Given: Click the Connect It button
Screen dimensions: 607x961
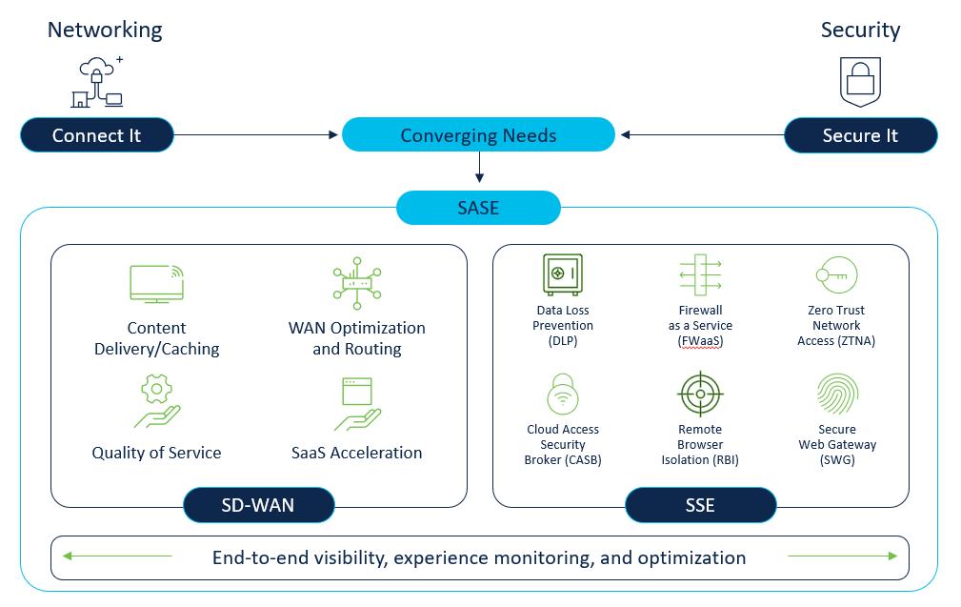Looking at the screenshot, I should click(97, 135).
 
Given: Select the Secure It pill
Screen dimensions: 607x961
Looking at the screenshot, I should click(860, 135).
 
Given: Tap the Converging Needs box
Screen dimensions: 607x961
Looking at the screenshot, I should click(478, 135).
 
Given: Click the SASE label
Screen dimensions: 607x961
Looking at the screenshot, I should click(478, 208).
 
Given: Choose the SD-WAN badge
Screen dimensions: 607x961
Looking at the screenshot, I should click(258, 505).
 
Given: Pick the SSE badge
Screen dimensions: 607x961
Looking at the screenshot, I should click(700, 505).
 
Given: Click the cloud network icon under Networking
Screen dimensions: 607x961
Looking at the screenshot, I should click(97, 82).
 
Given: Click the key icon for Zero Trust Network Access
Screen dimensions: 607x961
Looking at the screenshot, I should click(836, 275).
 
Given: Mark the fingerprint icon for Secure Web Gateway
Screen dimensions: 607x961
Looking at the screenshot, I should click(837, 394).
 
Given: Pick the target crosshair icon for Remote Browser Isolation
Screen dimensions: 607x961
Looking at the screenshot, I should click(700, 394).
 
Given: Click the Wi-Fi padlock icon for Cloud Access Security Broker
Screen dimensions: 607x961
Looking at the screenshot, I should click(562, 394).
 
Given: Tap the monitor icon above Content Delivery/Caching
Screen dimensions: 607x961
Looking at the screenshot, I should click(156, 283).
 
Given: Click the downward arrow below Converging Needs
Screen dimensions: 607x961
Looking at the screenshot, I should click(479, 168).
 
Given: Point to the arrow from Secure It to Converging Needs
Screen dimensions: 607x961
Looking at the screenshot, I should click(700, 135).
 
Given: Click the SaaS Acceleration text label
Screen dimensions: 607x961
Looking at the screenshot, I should click(356, 453).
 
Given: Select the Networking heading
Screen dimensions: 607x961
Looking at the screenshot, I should click(105, 30).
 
